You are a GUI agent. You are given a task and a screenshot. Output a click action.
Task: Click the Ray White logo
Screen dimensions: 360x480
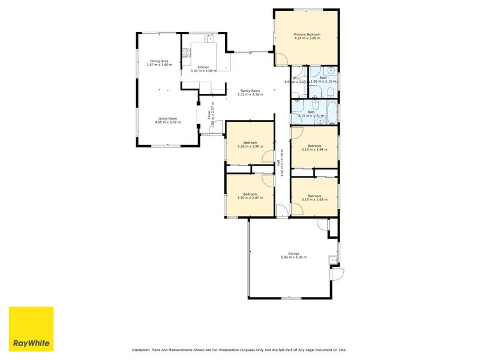pos(31,329)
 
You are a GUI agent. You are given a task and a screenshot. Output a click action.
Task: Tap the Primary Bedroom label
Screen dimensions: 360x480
pos(307,34)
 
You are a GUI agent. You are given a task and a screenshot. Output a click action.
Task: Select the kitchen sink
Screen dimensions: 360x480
pos(209,39)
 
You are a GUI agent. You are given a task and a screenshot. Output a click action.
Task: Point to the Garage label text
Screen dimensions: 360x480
pos(293,253)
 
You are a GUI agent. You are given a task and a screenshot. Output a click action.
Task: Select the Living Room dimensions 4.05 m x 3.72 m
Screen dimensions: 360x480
pos(167,122)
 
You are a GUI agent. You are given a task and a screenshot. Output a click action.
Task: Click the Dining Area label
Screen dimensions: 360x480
pos(159,61)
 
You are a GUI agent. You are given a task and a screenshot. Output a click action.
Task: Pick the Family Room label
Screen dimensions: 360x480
pos(250,91)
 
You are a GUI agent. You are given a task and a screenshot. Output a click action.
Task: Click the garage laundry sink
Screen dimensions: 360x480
pos(332,260)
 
